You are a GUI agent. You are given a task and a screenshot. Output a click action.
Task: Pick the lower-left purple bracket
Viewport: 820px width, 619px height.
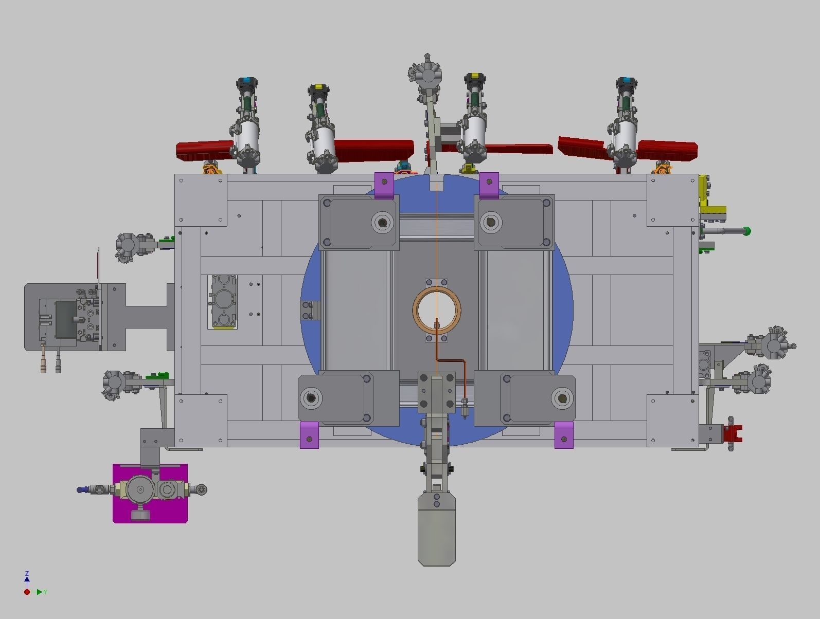(309, 435)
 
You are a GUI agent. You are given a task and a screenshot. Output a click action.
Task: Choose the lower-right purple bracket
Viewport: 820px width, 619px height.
(564, 435)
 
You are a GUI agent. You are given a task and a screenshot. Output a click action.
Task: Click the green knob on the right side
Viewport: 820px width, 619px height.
(746, 231)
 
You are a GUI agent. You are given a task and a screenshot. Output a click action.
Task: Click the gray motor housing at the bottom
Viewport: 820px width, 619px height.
(436, 530)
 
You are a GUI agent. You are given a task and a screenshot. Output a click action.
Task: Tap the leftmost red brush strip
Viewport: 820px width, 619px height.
(203, 150)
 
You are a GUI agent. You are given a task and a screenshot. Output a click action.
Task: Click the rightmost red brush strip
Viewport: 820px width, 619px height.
(669, 150)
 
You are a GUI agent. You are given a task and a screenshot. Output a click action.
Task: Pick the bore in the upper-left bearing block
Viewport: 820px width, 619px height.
(382, 223)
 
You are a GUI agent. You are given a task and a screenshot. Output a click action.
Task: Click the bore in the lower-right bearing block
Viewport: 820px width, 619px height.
(562, 398)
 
